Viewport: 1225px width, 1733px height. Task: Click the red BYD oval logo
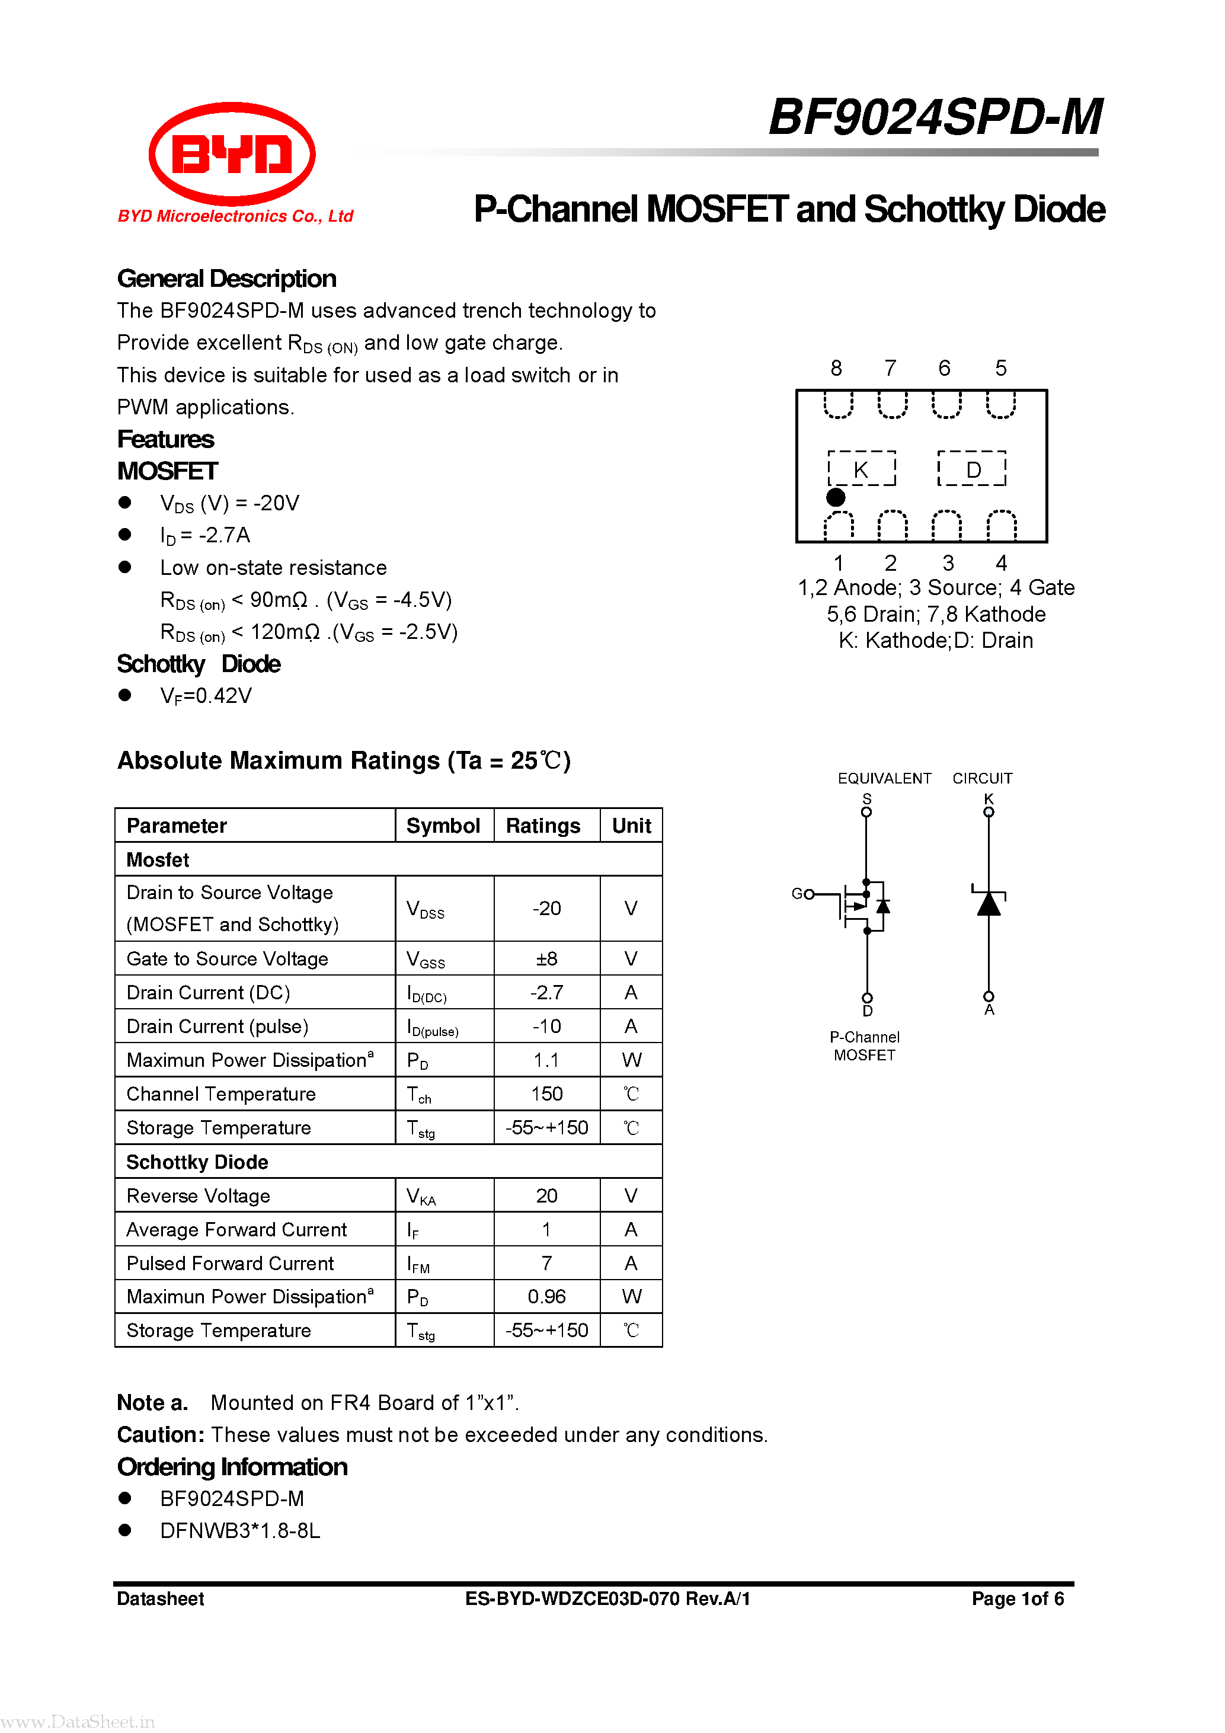coord(232,154)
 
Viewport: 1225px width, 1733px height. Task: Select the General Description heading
coord(226,279)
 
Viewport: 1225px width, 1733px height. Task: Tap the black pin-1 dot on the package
coord(836,497)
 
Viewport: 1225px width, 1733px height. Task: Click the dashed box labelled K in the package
coord(861,469)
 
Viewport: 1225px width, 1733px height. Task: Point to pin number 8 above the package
coord(836,367)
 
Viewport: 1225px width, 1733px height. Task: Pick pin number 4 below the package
coord(1001,562)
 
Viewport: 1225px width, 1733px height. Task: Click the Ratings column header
coord(543,826)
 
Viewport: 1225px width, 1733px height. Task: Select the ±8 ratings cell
coord(546,958)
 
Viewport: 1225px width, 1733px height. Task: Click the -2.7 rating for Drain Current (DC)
coord(546,993)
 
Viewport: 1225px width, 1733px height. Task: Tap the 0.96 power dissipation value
coord(546,1297)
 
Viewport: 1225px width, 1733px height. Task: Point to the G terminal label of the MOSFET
coord(797,894)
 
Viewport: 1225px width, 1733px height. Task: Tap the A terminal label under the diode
coord(989,1010)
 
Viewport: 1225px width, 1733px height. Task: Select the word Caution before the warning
coord(160,1435)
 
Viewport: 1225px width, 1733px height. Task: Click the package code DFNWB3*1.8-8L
coord(240,1531)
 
